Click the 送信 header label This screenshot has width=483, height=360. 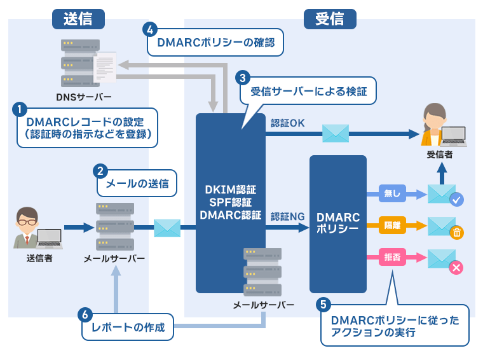(x=78, y=19)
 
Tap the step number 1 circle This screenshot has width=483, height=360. (x=20, y=109)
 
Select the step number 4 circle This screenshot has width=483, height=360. (x=150, y=30)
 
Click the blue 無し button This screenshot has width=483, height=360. (x=388, y=193)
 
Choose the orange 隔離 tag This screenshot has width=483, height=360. (x=388, y=225)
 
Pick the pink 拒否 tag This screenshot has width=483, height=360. (x=388, y=257)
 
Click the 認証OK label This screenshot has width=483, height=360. (x=288, y=123)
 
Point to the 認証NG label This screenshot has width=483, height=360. (x=287, y=216)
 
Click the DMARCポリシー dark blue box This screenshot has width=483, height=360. (x=337, y=223)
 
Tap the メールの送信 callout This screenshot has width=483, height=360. (x=137, y=184)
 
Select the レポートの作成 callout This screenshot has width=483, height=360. (x=128, y=328)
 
